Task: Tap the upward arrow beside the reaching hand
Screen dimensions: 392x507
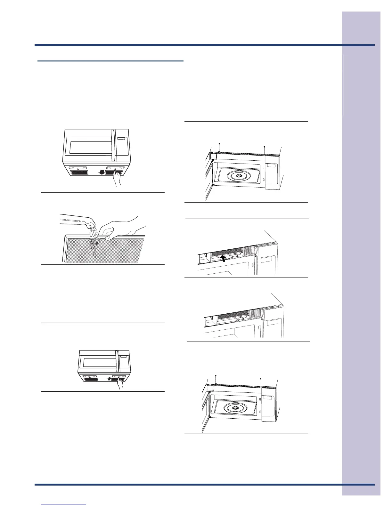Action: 109,379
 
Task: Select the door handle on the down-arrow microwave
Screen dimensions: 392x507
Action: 112,145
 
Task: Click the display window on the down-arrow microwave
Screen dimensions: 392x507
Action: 121,139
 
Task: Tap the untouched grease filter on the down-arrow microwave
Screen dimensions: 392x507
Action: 79,172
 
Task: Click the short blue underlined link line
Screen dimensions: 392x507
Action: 63,504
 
